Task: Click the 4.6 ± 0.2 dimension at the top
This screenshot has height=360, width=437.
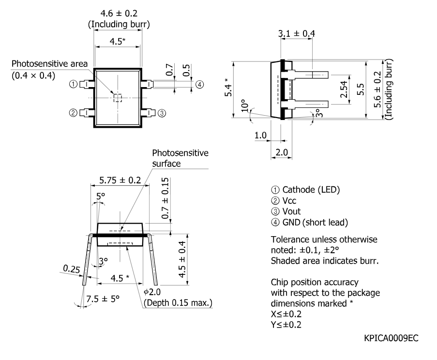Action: tap(119, 14)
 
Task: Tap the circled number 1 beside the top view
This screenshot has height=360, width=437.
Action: tap(73, 84)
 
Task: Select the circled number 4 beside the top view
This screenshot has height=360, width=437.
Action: tap(199, 84)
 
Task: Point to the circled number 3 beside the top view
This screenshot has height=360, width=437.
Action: tap(162, 113)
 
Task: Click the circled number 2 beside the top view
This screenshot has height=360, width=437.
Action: tap(73, 113)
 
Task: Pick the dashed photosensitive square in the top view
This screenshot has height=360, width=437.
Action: tap(118, 98)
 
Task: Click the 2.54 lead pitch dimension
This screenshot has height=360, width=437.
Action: tap(344, 89)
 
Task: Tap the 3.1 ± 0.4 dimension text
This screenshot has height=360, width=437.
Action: tap(297, 33)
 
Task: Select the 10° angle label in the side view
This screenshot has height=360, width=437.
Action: tap(244, 105)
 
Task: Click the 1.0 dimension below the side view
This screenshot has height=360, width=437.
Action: tap(260, 135)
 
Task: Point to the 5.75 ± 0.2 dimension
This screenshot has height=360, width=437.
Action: tap(120, 180)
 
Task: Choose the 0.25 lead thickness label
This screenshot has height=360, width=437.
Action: tap(71, 269)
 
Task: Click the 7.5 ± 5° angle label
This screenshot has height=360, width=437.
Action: tap(103, 299)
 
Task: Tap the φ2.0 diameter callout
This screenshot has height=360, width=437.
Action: tap(152, 292)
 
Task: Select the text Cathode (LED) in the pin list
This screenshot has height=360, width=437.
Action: tap(311, 190)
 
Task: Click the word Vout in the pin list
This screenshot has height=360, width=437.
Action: tap(291, 211)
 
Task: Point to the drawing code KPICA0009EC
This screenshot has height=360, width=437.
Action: tap(391, 338)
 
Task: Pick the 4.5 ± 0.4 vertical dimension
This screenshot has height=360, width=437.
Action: tap(182, 259)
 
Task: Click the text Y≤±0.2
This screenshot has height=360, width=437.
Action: tap(286, 325)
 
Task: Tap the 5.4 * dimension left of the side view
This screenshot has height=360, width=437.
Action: tap(228, 87)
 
